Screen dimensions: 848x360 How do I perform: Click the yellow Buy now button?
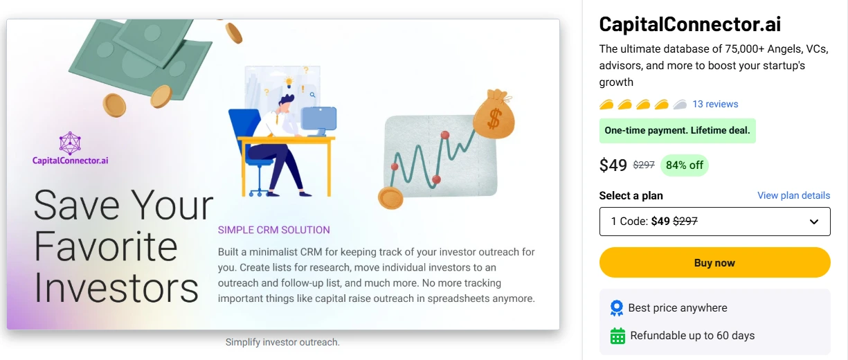tap(714, 262)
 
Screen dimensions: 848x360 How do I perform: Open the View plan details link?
tap(793, 195)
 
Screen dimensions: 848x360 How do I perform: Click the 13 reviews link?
tap(715, 104)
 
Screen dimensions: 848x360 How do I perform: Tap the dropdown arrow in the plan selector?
tap(814, 222)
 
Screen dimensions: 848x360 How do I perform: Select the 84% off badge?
tap(685, 165)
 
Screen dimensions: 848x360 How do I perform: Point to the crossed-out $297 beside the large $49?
tap(644, 165)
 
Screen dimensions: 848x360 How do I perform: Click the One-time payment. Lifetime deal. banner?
tap(677, 131)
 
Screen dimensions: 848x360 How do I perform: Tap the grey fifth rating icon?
tap(680, 105)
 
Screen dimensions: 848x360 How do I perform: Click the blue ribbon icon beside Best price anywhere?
tap(617, 308)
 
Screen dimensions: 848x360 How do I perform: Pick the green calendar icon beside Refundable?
tap(617, 336)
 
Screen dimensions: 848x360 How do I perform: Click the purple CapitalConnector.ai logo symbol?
tap(70, 143)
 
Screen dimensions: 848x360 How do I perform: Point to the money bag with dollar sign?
tap(494, 114)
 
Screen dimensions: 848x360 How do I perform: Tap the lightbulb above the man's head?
tap(289, 82)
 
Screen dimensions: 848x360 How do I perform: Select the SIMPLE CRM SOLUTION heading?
tap(273, 230)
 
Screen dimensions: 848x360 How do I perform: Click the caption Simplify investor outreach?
tap(282, 342)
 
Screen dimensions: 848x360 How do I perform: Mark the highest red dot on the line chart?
tap(445, 134)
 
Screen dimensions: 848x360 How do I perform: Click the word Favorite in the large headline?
tap(106, 246)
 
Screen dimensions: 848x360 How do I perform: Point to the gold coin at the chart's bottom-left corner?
tap(390, 198)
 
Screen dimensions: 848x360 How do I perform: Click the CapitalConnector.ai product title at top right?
tap(689, 24)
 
